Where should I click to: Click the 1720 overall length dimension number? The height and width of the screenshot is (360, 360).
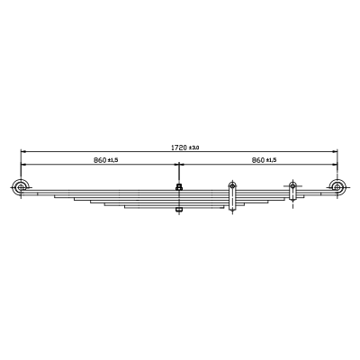pos(179,148)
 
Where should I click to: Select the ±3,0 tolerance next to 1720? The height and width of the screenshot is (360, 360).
pos(194,148)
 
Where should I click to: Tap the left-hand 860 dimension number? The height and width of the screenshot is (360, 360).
pos(100,160)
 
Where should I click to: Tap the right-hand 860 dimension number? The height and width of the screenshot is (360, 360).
pos(258,160)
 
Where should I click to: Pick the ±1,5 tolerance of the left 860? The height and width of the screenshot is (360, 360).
pos(113,160)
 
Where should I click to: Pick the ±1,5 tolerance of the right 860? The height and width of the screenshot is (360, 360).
pos(272,160)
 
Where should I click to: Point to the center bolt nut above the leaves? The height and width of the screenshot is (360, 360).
pos(179,187)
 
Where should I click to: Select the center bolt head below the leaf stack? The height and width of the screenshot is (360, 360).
pos(179,210)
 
